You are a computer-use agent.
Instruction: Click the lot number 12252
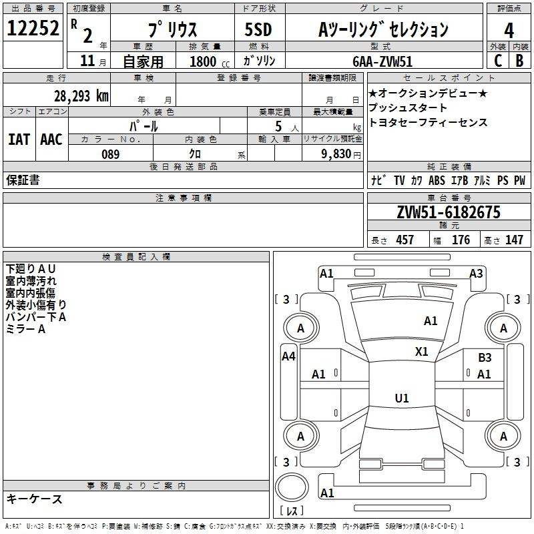(33, 28)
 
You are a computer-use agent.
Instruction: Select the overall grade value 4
(509, 30)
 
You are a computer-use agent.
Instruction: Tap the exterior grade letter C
(498, 61)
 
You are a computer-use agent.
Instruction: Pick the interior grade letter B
(519, 61)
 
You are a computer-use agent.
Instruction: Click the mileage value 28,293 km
(81, 96)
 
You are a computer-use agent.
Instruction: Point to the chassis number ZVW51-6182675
(449, 212)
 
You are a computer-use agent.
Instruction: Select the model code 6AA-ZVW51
(382, 61)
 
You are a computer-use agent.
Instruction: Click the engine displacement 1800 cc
(210, 61)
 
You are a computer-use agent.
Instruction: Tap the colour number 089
(110, 154)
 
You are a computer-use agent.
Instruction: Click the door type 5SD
(258, 29)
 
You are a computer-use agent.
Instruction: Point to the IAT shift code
(19, 140)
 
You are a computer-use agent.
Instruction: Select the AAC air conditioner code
(51, 140)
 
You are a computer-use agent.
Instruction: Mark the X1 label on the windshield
(421, 352)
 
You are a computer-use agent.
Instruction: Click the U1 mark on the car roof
(402, 398)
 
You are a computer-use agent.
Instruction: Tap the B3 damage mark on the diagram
(485, 358)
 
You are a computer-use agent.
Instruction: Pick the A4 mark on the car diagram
(288, 356)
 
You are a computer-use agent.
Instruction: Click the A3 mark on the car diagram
(476, 274)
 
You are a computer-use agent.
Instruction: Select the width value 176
(461, 240)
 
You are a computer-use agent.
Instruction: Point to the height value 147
(514, 240)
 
